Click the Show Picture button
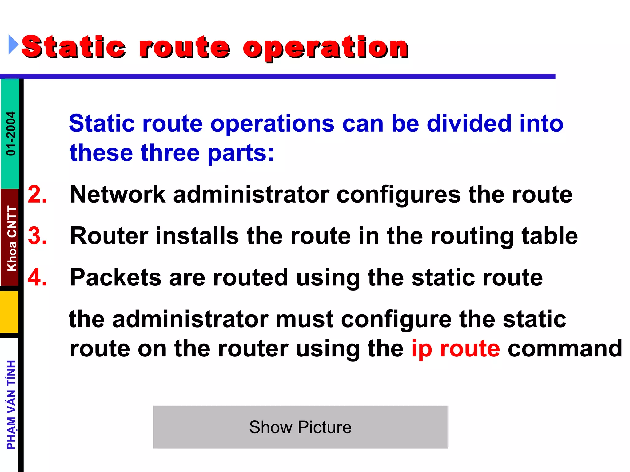[x=300, y=427]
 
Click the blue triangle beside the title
[x=13, y=45]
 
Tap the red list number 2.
[x=37, y=195]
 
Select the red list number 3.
[x=37, y=236]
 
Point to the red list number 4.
[x=37, y=277]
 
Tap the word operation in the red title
[x=325, y=48]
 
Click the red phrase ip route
[x=456, y=349]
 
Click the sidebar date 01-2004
[x=11, y=133]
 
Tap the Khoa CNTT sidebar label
[x=12, y=238]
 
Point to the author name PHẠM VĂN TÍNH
[x=11, y=405]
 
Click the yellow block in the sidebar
[x=9, y=312]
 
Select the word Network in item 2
[x=118, y=195]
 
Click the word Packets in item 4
[x=115, y=277]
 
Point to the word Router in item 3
[x=109, y=236]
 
